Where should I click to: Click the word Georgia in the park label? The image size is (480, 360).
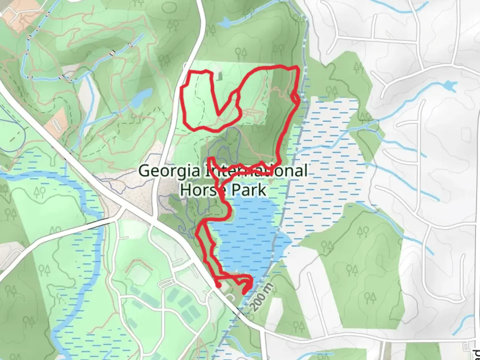click(170, 171)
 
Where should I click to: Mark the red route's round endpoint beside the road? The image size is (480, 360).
click(219, 286)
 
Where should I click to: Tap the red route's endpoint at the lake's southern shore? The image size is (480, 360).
click(244, 293)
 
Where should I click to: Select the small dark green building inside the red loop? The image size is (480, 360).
click(220, 76)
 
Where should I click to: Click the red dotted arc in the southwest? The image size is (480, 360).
click(139, 265)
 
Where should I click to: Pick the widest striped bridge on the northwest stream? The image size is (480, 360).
click(66, 79)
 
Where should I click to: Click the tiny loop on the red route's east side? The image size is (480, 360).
click(295, 98)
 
